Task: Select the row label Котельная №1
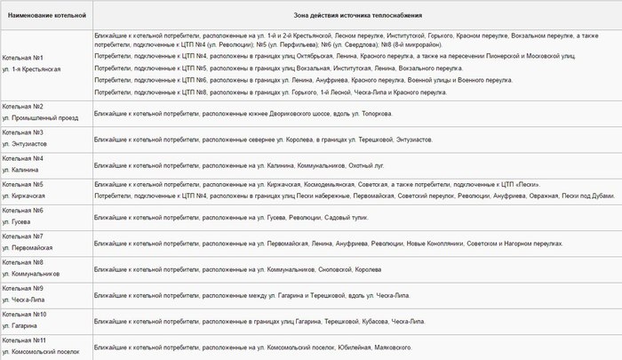[24, 58]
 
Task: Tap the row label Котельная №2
[24, 106]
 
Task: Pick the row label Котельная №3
[24, 132]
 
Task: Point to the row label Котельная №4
[24, 158]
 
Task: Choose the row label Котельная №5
[24, 184]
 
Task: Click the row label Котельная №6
[24, 210]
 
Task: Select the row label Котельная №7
[24, 236]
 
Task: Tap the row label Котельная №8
[24, 262]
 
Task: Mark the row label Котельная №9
[24, 288]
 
